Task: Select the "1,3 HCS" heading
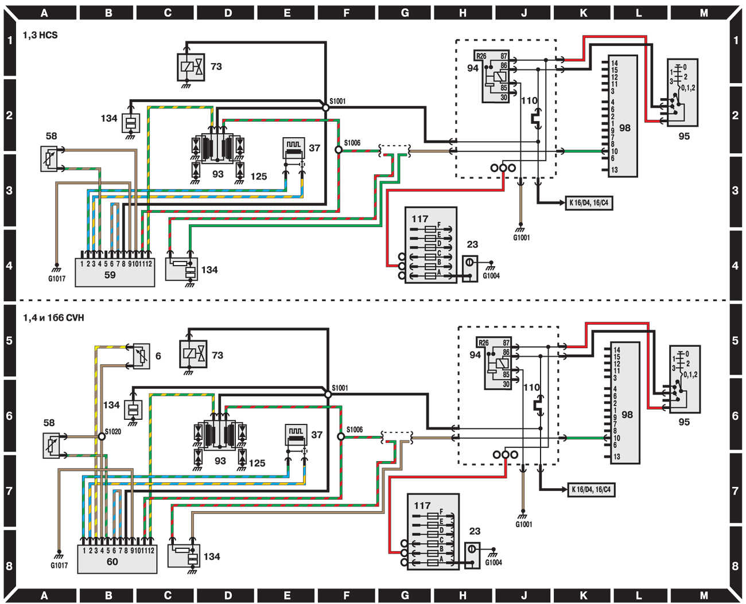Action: (x=40, y=35)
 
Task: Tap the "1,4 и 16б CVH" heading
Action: (x=53, y=318)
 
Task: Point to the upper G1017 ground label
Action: (x=57, y=279)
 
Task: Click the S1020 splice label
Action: (x=113, y=431)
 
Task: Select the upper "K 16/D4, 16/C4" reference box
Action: (x=589, y=203)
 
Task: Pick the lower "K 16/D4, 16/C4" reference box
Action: (x=591, y=490)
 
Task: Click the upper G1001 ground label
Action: (x=522, y=237)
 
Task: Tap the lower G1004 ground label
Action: (x=494, y=563)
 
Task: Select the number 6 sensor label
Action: (x=158, y=356)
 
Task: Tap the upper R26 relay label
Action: (x=481, y=56)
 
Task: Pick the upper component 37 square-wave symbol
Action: (x=294, y=147)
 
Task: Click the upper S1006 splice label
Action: (x=352, y=143)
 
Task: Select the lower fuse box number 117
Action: (x=422, y=505)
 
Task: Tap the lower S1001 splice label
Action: (x=340, y=388)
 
